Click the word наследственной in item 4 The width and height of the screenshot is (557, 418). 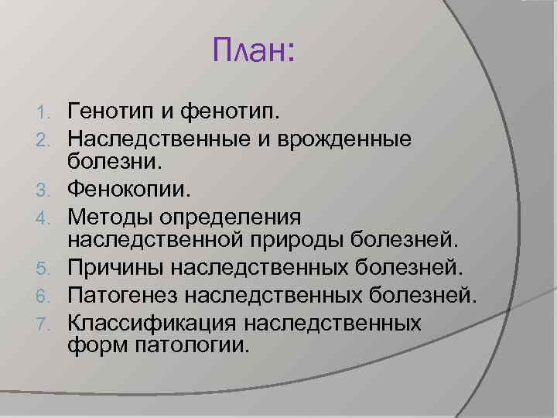pos(159,241)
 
